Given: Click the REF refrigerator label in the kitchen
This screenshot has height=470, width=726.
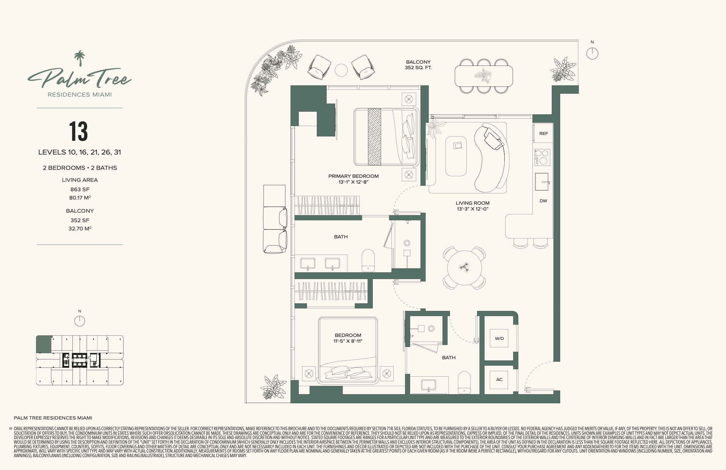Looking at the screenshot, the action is point(543,134).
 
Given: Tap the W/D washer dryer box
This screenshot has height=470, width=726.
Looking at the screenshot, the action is point(499,338).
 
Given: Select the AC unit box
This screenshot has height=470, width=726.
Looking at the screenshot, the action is point(499,380).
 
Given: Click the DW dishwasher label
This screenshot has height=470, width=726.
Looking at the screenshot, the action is point(543,201).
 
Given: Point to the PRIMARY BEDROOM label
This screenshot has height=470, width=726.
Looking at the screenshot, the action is point(353,176).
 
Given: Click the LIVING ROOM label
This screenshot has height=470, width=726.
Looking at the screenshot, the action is point(472,203).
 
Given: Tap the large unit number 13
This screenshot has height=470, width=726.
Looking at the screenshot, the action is point(79,131).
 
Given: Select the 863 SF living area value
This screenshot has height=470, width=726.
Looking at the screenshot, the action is point(80,189).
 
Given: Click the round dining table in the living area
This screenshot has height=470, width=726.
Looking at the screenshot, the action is point(464,268).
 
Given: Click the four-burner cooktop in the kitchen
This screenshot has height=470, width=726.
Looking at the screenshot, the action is point(542,157).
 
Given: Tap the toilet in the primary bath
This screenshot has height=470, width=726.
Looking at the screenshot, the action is point(368,261).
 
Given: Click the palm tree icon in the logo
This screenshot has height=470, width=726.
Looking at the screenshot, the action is point(80,58).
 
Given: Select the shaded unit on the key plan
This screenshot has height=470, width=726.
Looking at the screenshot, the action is point(44,344).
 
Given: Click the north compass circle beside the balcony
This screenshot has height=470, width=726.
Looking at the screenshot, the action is point(592,54).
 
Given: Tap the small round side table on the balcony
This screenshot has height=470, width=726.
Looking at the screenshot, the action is point(341,70).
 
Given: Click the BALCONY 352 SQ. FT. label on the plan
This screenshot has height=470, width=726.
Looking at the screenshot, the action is point(418,65).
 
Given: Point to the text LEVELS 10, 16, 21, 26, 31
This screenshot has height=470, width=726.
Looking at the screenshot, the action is point(80,152).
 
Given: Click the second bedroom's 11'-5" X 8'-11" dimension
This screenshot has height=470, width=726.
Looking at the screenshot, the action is point(348,341).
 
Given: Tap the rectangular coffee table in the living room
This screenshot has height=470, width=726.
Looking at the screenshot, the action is point(456,156).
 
